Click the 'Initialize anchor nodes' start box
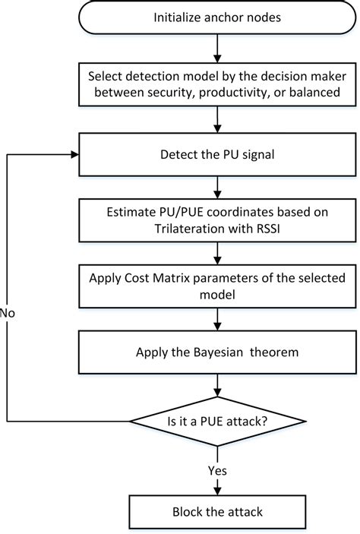(219, 17)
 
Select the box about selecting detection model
(219, 84)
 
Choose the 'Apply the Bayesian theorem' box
(219, 352)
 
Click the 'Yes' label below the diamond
(217, 470)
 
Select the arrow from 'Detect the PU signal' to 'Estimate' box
(219, 188)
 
